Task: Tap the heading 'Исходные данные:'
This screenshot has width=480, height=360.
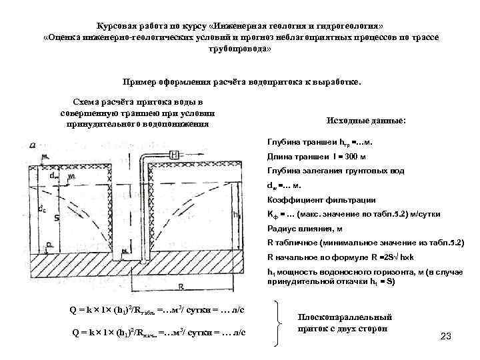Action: click(x=366, y=121)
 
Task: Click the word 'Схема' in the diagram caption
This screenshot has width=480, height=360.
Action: click(x=87, y=101)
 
